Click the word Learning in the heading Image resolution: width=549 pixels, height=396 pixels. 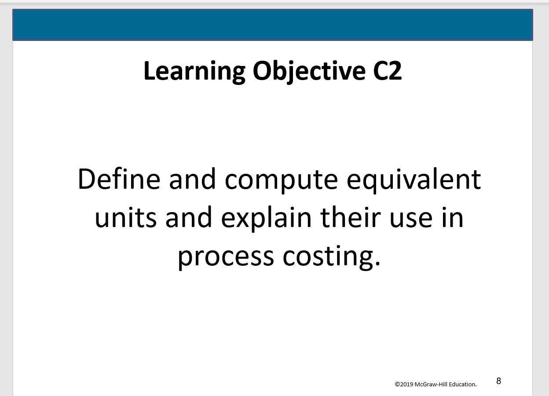(x=194, y=71)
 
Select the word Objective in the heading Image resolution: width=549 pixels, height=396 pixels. (x=309, y=71)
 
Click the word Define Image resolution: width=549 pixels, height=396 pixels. (x=119, y=179)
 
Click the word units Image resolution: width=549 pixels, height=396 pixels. (x=125, y=218)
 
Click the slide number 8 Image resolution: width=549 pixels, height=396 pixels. (x=498, y=381)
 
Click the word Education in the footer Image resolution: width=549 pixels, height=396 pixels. (x=462, y=384)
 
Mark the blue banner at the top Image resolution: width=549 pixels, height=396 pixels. (x=273, y=25)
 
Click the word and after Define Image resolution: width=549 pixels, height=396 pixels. (x=192, y=179)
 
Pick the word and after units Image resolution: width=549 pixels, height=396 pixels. (x=188, y=218)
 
